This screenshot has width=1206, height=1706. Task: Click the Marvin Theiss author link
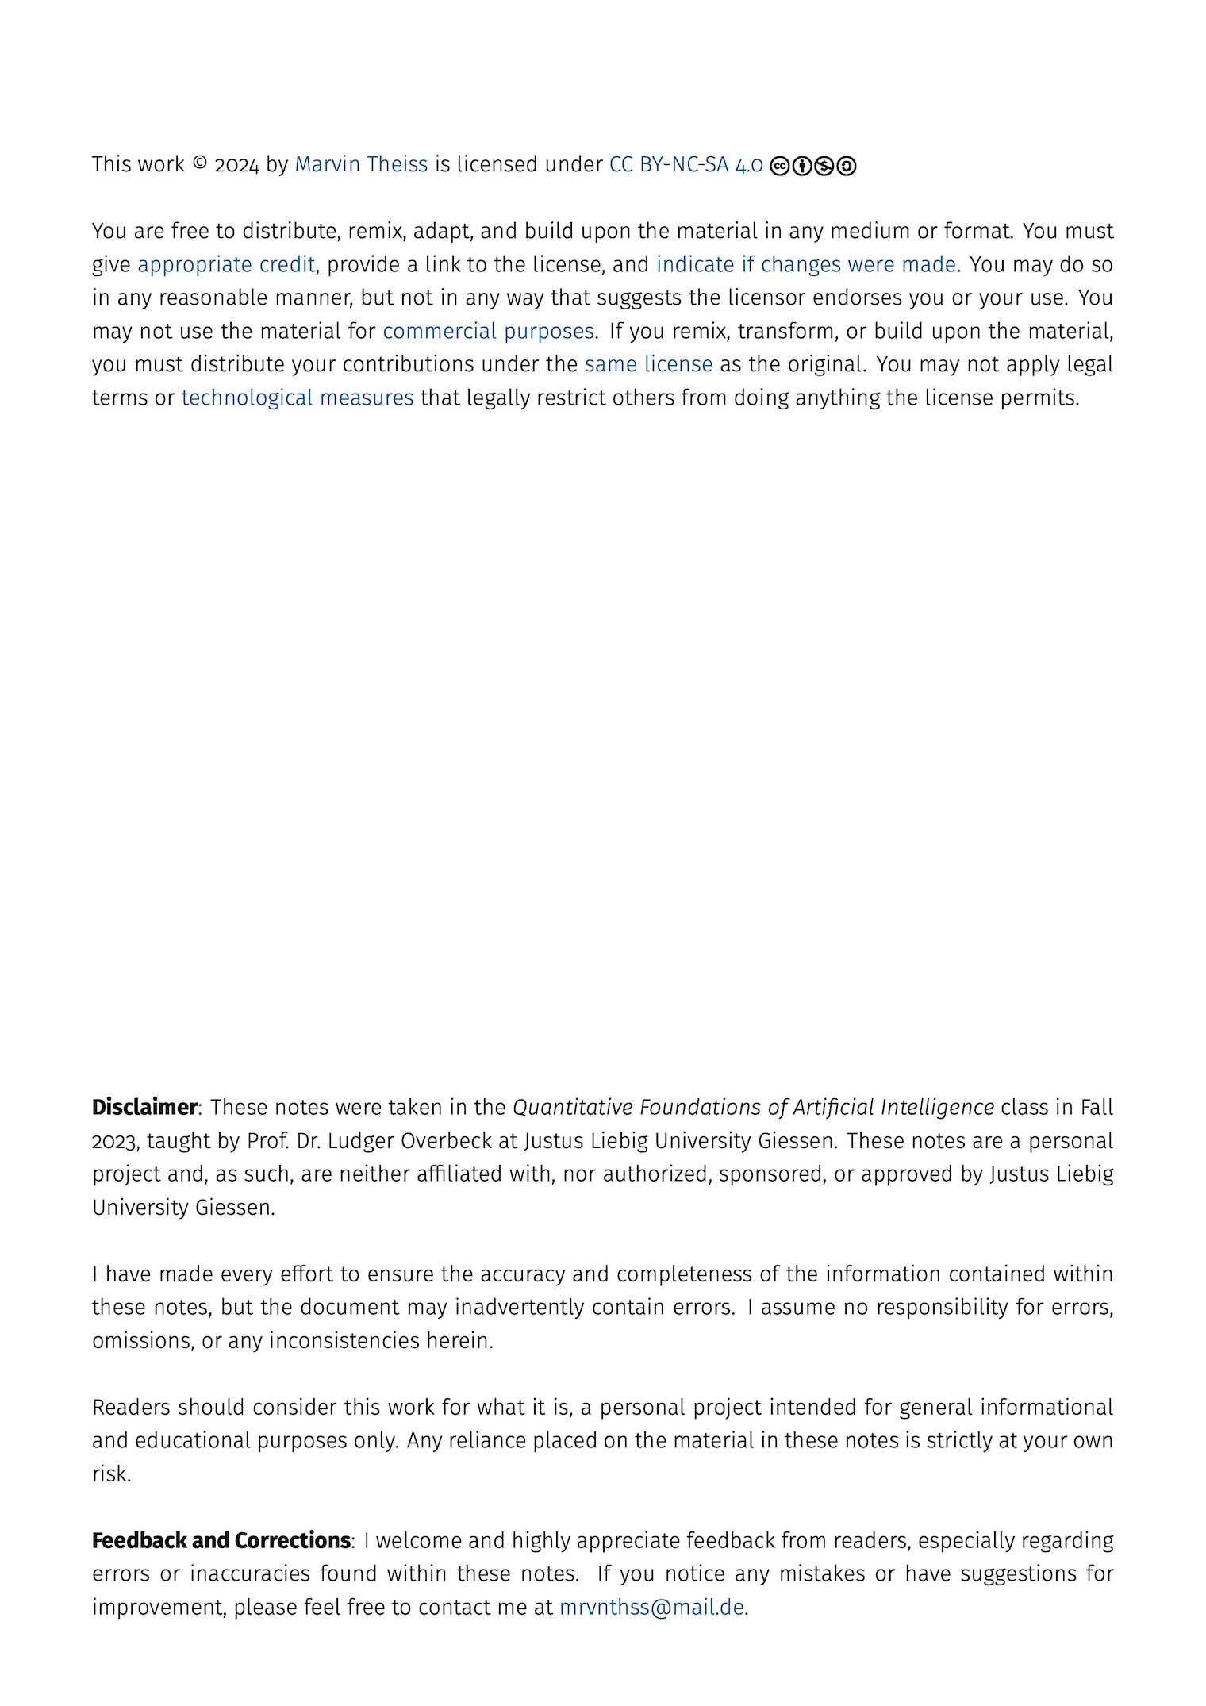[x=361, y=164]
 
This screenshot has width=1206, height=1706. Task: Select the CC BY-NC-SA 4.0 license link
[x=686, y=164]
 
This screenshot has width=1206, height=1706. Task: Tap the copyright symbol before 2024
[x=200, y=163]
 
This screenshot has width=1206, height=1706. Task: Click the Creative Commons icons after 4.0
[x=812, y=166]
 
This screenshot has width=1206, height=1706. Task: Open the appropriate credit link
[x=226, y=264]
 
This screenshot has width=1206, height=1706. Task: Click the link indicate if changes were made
[x=805, y=264]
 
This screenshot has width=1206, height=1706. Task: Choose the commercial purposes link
[x=488, y=331]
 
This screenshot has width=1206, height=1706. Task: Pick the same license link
[x=648, y=364]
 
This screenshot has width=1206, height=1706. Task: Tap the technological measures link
[x=298, y=398]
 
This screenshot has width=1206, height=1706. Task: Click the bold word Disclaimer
[x=144, y=1107]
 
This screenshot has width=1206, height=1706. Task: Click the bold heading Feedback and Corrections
[x=221, y=1540]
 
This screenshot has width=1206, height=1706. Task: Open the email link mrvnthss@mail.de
[x=651, y=1607]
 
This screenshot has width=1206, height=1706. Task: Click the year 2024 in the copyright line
[x=236, y=164]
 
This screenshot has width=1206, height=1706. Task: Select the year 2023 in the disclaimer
[x=114, y=1141]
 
